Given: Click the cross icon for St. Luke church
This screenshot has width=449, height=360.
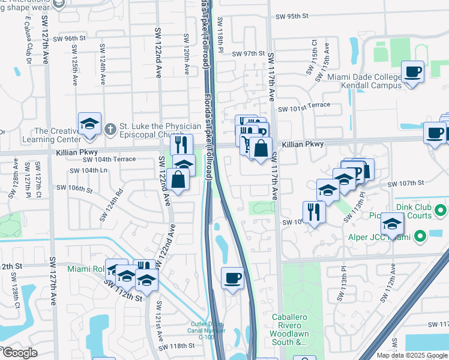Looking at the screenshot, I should point(110,128).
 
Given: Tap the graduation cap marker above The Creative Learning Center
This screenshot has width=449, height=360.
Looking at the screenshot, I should point(89,124).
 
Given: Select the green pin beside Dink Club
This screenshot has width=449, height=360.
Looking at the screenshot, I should point(440,211).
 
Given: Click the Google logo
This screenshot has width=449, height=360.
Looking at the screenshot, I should point(20,353).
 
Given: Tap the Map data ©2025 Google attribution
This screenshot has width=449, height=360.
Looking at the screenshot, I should point(412,355).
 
